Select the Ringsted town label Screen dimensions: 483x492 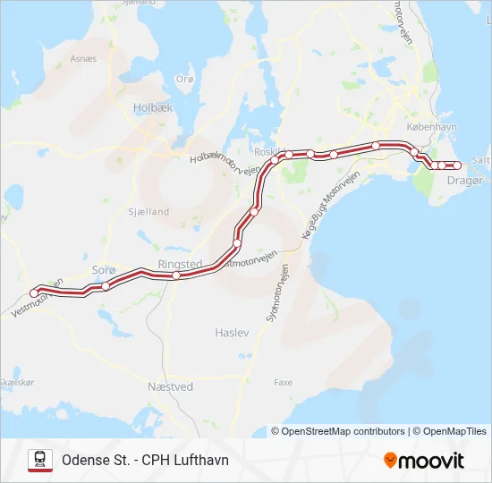[180, 264]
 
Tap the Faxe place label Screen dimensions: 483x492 [283, 382]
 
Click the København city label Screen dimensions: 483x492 [431, 127]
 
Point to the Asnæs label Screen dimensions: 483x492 [83, 59]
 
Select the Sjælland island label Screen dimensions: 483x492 [148, 212]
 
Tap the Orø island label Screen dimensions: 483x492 [185, 79]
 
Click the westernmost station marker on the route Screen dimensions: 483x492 [34, 293]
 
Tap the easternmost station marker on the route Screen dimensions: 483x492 [457, 165]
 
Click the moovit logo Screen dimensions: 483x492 [424, 461]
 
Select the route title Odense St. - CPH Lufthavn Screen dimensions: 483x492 [145, 460]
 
